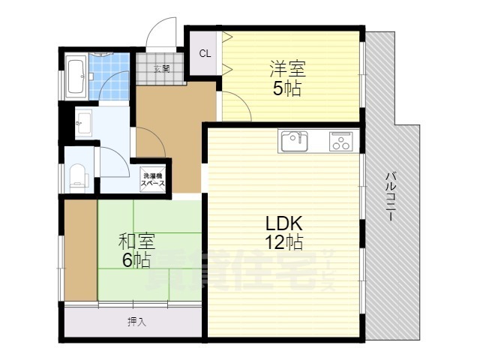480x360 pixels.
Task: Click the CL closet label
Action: [204, 53]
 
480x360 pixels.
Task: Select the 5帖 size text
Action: [288, 88]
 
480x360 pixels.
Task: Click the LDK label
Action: [283, 223]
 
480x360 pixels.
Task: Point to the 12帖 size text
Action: [283, 242]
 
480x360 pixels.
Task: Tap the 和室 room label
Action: [137, 241]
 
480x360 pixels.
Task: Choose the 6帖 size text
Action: [137, 260]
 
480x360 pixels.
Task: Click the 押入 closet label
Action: [136, 322]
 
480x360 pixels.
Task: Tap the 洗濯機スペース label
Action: [151, 180]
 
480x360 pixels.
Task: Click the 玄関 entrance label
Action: [161, 69]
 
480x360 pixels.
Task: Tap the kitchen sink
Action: [293, 140]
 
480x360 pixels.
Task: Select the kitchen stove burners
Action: [341, 141]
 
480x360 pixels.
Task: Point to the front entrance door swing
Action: [160, 34]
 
